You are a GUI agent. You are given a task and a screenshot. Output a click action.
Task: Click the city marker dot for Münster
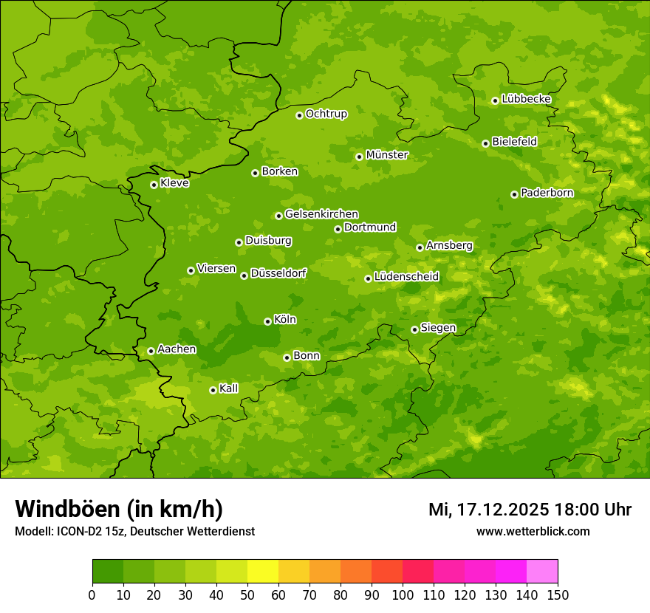click(x=360, y=157)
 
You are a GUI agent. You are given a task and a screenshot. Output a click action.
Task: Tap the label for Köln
click(x=284, y=320)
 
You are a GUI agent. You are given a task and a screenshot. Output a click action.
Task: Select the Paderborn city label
click(x=547, y=193)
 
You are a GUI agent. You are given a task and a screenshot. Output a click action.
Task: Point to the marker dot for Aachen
click(x=151, y=351)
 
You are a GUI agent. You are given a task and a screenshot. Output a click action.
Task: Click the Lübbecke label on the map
click(x=526, y=99)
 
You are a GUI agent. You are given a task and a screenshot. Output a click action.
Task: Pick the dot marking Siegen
click(x=414, y=329)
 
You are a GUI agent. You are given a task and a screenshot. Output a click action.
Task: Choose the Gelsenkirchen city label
click(x=321, y=214)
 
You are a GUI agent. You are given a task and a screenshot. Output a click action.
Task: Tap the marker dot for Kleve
click(x=154, y=185)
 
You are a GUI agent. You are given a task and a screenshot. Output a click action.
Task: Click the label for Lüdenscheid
click(x=406, y=277)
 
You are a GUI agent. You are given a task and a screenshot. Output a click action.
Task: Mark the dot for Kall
click(x=213, y=390)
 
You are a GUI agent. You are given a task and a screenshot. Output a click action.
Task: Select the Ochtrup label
click(x=326, y=114)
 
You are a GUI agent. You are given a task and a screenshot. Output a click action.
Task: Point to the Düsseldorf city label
click(x=278, y=273)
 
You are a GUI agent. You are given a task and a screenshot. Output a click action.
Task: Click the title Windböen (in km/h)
click(x=119, y=509)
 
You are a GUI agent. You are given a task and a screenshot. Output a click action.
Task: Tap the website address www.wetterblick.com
click(x=533, y=531)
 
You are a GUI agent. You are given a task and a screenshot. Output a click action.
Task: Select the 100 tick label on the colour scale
click(x=403, y=595)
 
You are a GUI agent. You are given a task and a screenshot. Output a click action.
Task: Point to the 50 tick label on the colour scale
click(x=247, y=595)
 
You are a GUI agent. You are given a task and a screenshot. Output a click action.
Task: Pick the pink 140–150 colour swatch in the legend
click(x=542, y=572)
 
